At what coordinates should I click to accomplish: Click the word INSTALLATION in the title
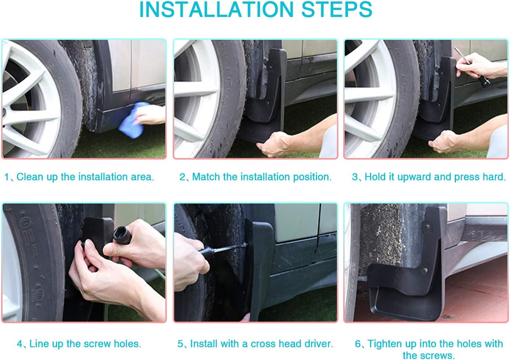tap(216, 9)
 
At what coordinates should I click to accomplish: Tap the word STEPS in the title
tap(337, 9)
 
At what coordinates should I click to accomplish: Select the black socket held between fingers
tap(122, 235)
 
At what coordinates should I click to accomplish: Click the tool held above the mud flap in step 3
tap(472, 67)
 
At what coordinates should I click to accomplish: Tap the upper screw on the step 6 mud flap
tap(428, 227)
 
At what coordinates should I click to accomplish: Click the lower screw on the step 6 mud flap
tap(425, 270)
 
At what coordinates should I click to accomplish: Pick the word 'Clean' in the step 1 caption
tap(30, 177)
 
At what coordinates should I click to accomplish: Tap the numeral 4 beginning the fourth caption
tap(20, 344)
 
